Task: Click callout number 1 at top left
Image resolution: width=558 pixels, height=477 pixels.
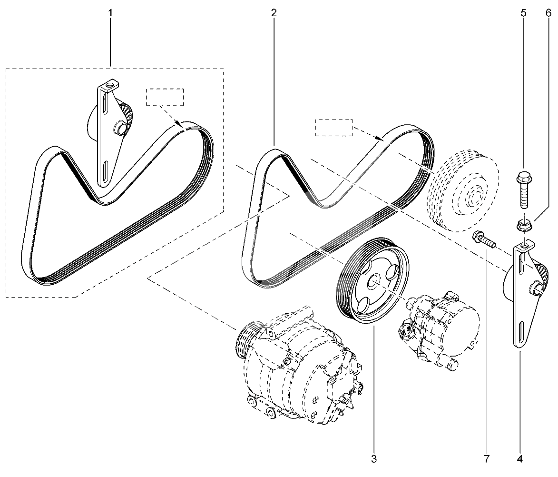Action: click(111, 13)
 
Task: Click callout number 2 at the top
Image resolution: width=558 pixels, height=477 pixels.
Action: click(274, 13)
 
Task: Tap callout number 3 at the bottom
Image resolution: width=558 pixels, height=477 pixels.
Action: click(374, 459)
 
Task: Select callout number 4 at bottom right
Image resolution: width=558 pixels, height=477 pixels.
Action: click(519, 459)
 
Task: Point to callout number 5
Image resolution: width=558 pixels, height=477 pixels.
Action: click(523, 13)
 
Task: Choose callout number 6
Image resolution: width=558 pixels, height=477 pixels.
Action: click(548, 13)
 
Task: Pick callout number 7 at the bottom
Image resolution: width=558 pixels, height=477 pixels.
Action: click(486, 459)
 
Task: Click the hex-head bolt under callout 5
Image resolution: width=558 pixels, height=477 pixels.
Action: click(523, 191)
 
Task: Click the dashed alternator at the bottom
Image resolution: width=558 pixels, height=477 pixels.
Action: click(297, 367)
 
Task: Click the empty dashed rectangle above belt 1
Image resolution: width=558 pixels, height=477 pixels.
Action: click(165, 97)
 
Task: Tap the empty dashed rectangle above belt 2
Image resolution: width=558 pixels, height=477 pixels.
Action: click(333, 128)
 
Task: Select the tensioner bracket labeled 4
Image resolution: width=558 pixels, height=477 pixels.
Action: click(523, 295)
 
